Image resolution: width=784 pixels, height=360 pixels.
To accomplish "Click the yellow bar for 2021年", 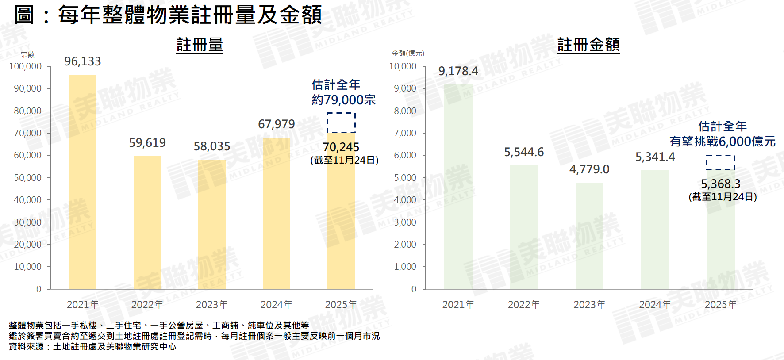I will coord(83,182).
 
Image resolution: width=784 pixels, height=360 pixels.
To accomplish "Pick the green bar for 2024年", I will coord(655,230).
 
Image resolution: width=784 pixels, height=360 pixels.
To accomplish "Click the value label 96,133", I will coord(83,61).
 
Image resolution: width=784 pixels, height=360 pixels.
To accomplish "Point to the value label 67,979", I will coord(277,124).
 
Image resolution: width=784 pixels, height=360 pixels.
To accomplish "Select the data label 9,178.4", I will coord(458,71).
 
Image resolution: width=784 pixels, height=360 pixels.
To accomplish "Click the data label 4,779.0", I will coord(589,169).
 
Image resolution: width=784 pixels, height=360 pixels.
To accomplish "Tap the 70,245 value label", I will coord(341,147).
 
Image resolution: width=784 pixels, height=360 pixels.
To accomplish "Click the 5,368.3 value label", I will coord(721,184).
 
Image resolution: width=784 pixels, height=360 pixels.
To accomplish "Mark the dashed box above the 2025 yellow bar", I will coord(341,123).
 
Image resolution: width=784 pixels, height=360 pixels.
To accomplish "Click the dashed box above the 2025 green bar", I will coord(721,162).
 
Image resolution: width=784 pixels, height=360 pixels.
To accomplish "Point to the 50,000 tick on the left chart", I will coord(27,178).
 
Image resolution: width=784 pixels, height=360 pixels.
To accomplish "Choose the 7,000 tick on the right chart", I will coord(405,133).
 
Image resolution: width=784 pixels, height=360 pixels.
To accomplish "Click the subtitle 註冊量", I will coord(200,45).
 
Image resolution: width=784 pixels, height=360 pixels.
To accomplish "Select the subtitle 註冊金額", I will coord(588,45).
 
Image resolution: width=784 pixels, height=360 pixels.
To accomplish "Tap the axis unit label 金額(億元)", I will coord(408,54).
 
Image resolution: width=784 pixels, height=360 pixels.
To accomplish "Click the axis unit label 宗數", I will coord(27,55).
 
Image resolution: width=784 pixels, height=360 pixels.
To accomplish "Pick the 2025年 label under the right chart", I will coord(721,305).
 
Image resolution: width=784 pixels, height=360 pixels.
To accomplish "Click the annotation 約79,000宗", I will coord(344,100).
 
